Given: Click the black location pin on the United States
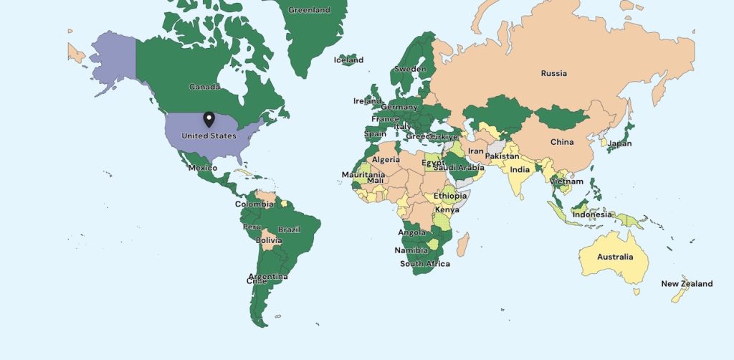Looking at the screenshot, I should coord(209,119).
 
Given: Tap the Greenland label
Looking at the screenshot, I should coord(309,10).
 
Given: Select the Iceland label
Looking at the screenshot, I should coord(348,60).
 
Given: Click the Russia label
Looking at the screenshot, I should coord(553,73).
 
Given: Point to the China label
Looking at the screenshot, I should coord(562,142).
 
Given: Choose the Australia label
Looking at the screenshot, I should coord(615,257).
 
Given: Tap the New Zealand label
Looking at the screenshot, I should coord(687,284).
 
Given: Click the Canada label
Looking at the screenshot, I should coord(204,87).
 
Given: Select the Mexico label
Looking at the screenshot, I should coord(202,168).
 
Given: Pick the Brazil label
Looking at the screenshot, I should coord(289,229).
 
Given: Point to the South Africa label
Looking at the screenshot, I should coord(425,264).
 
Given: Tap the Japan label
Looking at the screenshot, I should coord(619,143).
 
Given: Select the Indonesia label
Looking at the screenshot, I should coord(592,214).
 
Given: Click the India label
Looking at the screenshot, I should coord(520,170).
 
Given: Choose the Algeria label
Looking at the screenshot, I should coord(385,160).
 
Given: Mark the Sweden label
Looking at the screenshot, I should coord(410,70).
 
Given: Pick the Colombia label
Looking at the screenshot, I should coord(254,204).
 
